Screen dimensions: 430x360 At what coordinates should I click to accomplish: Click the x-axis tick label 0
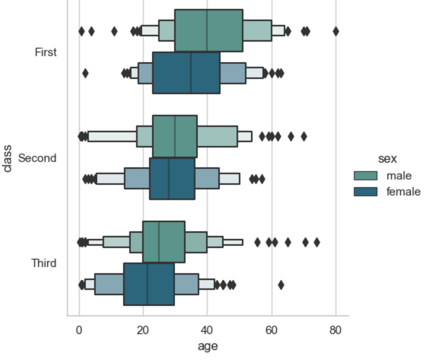(79, 331)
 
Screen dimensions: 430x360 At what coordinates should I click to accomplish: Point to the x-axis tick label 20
(143, 331)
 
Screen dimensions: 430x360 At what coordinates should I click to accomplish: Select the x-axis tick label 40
(207, 331)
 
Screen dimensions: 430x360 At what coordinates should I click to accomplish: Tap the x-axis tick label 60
(271, 331)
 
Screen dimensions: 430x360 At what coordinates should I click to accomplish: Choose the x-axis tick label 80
(336, 331)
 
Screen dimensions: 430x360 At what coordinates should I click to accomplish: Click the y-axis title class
(7, 158)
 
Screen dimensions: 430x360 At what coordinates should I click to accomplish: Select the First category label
(46, 52)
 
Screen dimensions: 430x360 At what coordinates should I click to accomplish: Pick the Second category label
(37, 158)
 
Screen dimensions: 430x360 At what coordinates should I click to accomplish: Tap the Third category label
(44, 263)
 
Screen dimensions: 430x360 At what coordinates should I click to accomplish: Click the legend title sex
(387, 159)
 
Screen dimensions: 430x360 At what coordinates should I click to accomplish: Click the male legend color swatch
(366, 176)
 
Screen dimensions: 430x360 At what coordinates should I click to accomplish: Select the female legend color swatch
(366, 191)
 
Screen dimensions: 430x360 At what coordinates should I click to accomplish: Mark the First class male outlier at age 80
(336, 31)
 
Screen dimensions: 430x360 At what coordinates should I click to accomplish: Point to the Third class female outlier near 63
(281, 285)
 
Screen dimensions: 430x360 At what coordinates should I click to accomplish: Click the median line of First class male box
(207, 30)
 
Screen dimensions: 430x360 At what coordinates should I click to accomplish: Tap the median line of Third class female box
(147, 284)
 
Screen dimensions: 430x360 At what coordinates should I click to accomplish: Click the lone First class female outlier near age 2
(85, 73)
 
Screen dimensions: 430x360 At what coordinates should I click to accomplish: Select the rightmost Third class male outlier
(317, 243)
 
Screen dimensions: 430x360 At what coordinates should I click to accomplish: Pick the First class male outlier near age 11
(114, 31)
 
